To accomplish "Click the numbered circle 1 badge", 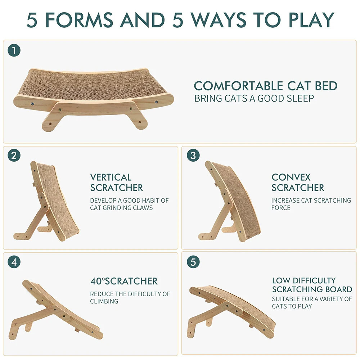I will pos(14,50).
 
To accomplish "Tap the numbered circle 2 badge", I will pos(14,156).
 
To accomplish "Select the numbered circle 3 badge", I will pos(193,156).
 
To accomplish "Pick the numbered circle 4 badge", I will pos(14,262).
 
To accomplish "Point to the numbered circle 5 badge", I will pos(193,262).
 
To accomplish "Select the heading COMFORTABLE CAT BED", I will pos(265,86).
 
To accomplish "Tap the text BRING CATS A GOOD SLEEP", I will pos(254,98).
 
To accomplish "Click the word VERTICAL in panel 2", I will pos(111,177).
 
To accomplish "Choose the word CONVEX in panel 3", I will pos(291,177).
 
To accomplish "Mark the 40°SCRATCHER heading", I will pos(124,281).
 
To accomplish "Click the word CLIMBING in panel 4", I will pos(104,301).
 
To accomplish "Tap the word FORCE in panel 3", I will pos(281,208).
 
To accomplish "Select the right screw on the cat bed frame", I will pos(156,102).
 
